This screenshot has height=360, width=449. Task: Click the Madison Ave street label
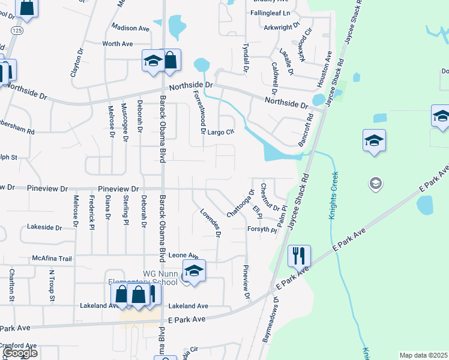coord(131,28)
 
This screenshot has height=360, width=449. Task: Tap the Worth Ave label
coord(117,44)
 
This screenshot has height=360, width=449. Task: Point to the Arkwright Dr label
coord(281,26)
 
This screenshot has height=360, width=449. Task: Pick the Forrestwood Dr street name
coord(198,112)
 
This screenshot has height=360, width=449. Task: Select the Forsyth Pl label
coord(262,230)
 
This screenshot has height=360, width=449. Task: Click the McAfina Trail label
coord(52,259)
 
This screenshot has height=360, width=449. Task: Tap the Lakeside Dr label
coord(44,227)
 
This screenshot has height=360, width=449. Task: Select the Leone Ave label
coord(183,256)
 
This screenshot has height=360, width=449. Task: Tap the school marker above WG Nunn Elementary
coord(194,271)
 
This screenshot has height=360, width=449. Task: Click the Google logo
coord(20,353)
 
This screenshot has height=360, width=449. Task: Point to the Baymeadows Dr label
coord(269,321)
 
